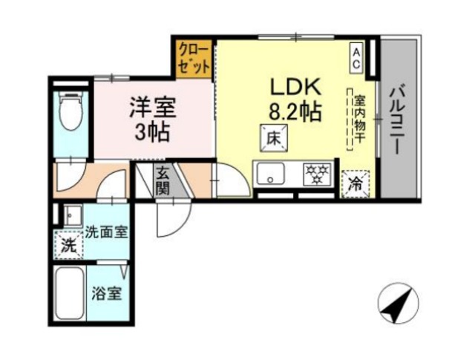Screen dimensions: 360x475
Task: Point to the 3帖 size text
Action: [x=154, y=134]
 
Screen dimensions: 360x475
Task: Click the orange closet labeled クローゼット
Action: [x=193, y=56]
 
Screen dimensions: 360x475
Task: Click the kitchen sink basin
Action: [x=270, y=177]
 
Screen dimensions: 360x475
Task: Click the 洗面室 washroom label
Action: [x=105, y=231]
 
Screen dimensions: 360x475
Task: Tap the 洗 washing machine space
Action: [x=68, y=244]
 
